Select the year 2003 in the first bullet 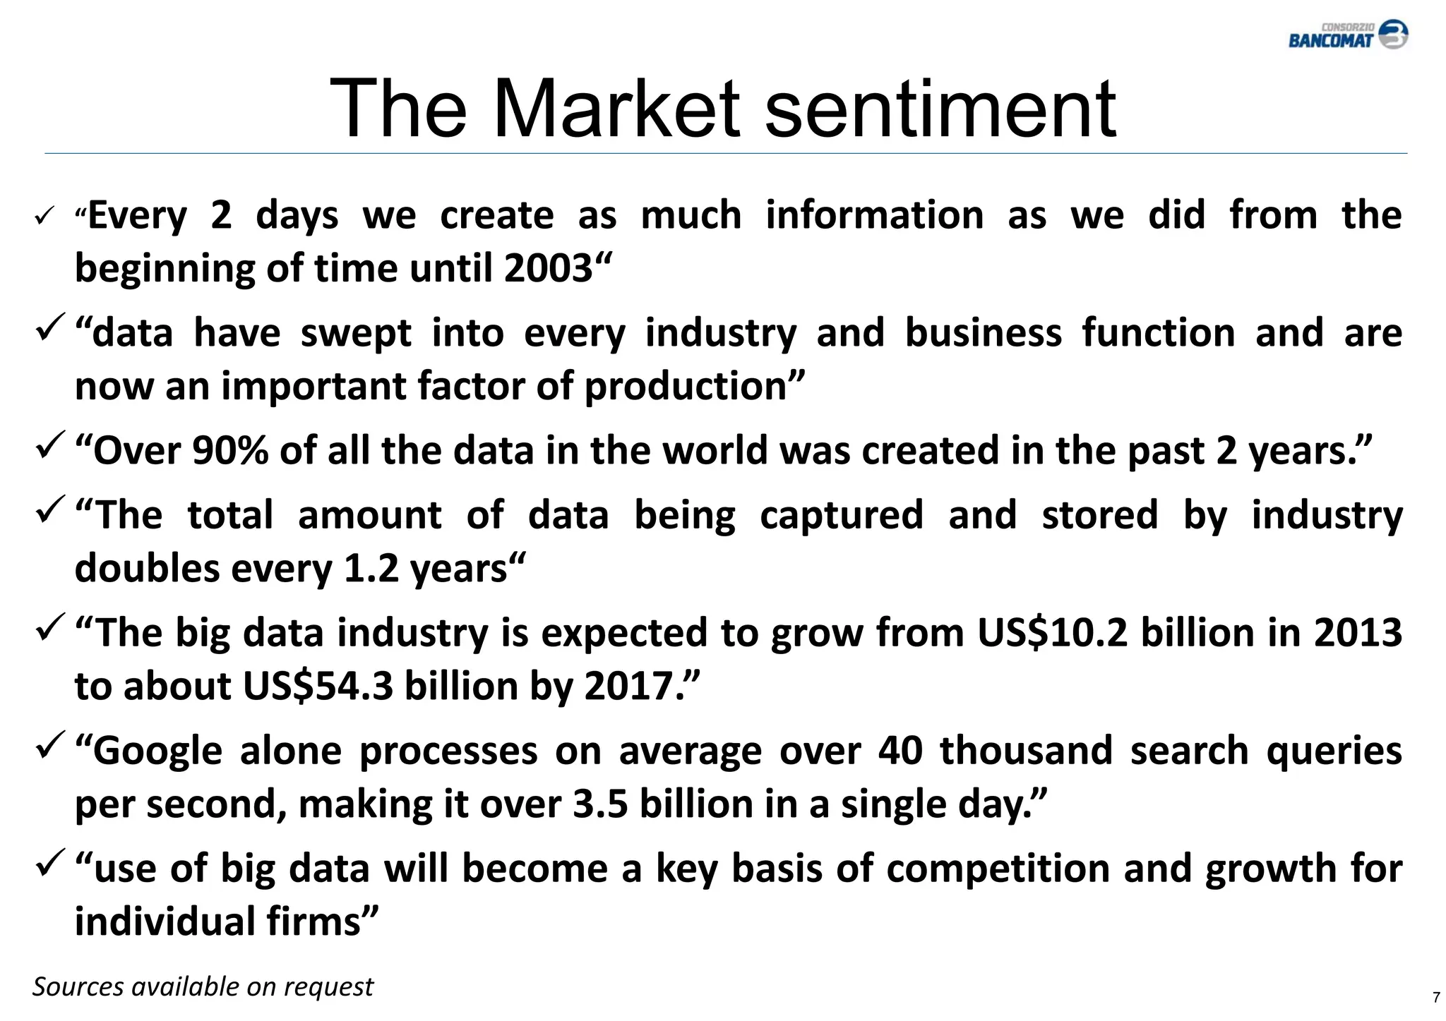[549, 268]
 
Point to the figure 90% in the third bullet [230, 450]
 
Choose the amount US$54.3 [318, 686]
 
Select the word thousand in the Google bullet [1026, 750]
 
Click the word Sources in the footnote [78, 986]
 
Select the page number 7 [1435, 998]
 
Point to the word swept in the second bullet [356, 333]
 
